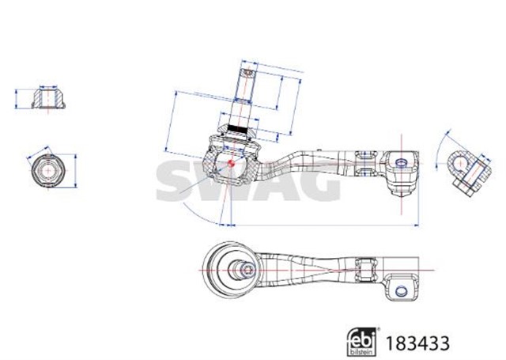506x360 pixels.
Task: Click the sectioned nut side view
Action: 47,99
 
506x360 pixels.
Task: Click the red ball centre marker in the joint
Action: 228,164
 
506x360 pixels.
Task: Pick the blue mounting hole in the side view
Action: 401,162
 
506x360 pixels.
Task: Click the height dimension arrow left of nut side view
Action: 17,99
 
